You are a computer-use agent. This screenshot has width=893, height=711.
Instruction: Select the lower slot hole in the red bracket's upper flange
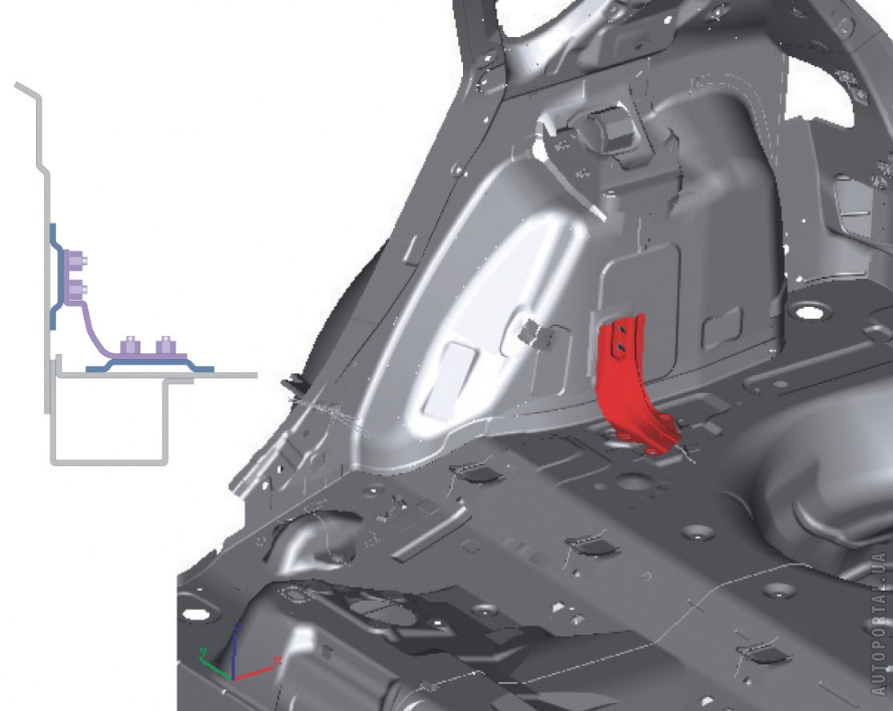[622, 346]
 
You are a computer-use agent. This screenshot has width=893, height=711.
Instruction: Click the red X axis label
[278, 661]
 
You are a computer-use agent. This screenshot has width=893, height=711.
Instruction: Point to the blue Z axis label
[239, 627]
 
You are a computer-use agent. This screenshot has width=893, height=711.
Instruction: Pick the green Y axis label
[203, 652]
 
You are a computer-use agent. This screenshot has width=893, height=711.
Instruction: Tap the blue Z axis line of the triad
[234, 655]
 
